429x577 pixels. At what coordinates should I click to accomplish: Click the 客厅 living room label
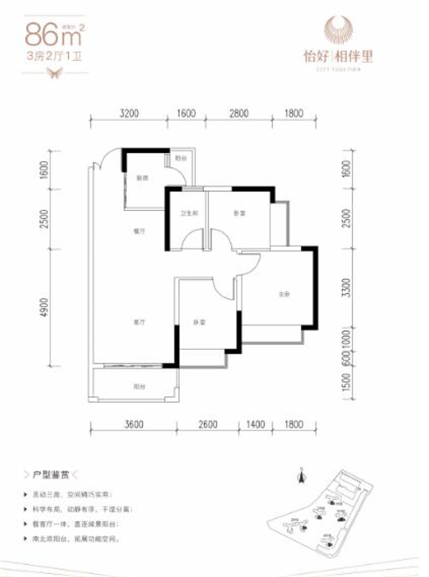click(x=140, y=322)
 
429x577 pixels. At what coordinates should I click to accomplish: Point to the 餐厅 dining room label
click(x=140, y=231)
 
